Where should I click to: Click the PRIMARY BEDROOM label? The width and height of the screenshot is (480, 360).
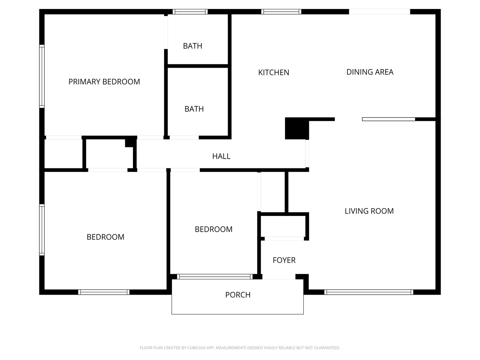(x=104, y=82)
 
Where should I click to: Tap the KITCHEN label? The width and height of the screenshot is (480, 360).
(x=274, y=73)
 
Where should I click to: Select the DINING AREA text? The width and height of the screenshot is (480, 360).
(x=370, y=72)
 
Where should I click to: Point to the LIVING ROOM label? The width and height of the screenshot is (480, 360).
(x=369, y=211)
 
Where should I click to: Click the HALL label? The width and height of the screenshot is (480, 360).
(x=221, y=156)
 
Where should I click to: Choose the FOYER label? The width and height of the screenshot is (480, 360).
(x=284, y=260)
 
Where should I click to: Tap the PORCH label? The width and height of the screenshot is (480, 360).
(x=238, y=295)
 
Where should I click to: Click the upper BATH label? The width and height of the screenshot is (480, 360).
(x=192, y=46)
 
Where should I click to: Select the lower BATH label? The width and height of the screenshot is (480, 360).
(x=194, y=109)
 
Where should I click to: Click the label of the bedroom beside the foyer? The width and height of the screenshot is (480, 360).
(x=213, y=229)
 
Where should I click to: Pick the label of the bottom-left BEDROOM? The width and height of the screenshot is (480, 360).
(x=105, y=237)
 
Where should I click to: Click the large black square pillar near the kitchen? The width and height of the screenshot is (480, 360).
(x=297, y=128)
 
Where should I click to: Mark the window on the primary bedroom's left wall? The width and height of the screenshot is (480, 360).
(x=42, y=76)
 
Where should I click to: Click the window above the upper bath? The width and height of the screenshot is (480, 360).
(x=190, y=12)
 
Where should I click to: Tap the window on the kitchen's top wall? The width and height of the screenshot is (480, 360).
(x=281, y=12)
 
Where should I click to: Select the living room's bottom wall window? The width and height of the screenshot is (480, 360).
(x=369, y=292)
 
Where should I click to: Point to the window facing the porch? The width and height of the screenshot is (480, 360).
(x=215, y=277)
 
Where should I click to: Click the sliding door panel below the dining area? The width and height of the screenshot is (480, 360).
(x=389, y=119)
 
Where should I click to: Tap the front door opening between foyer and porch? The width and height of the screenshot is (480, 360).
(x=279, y=277)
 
